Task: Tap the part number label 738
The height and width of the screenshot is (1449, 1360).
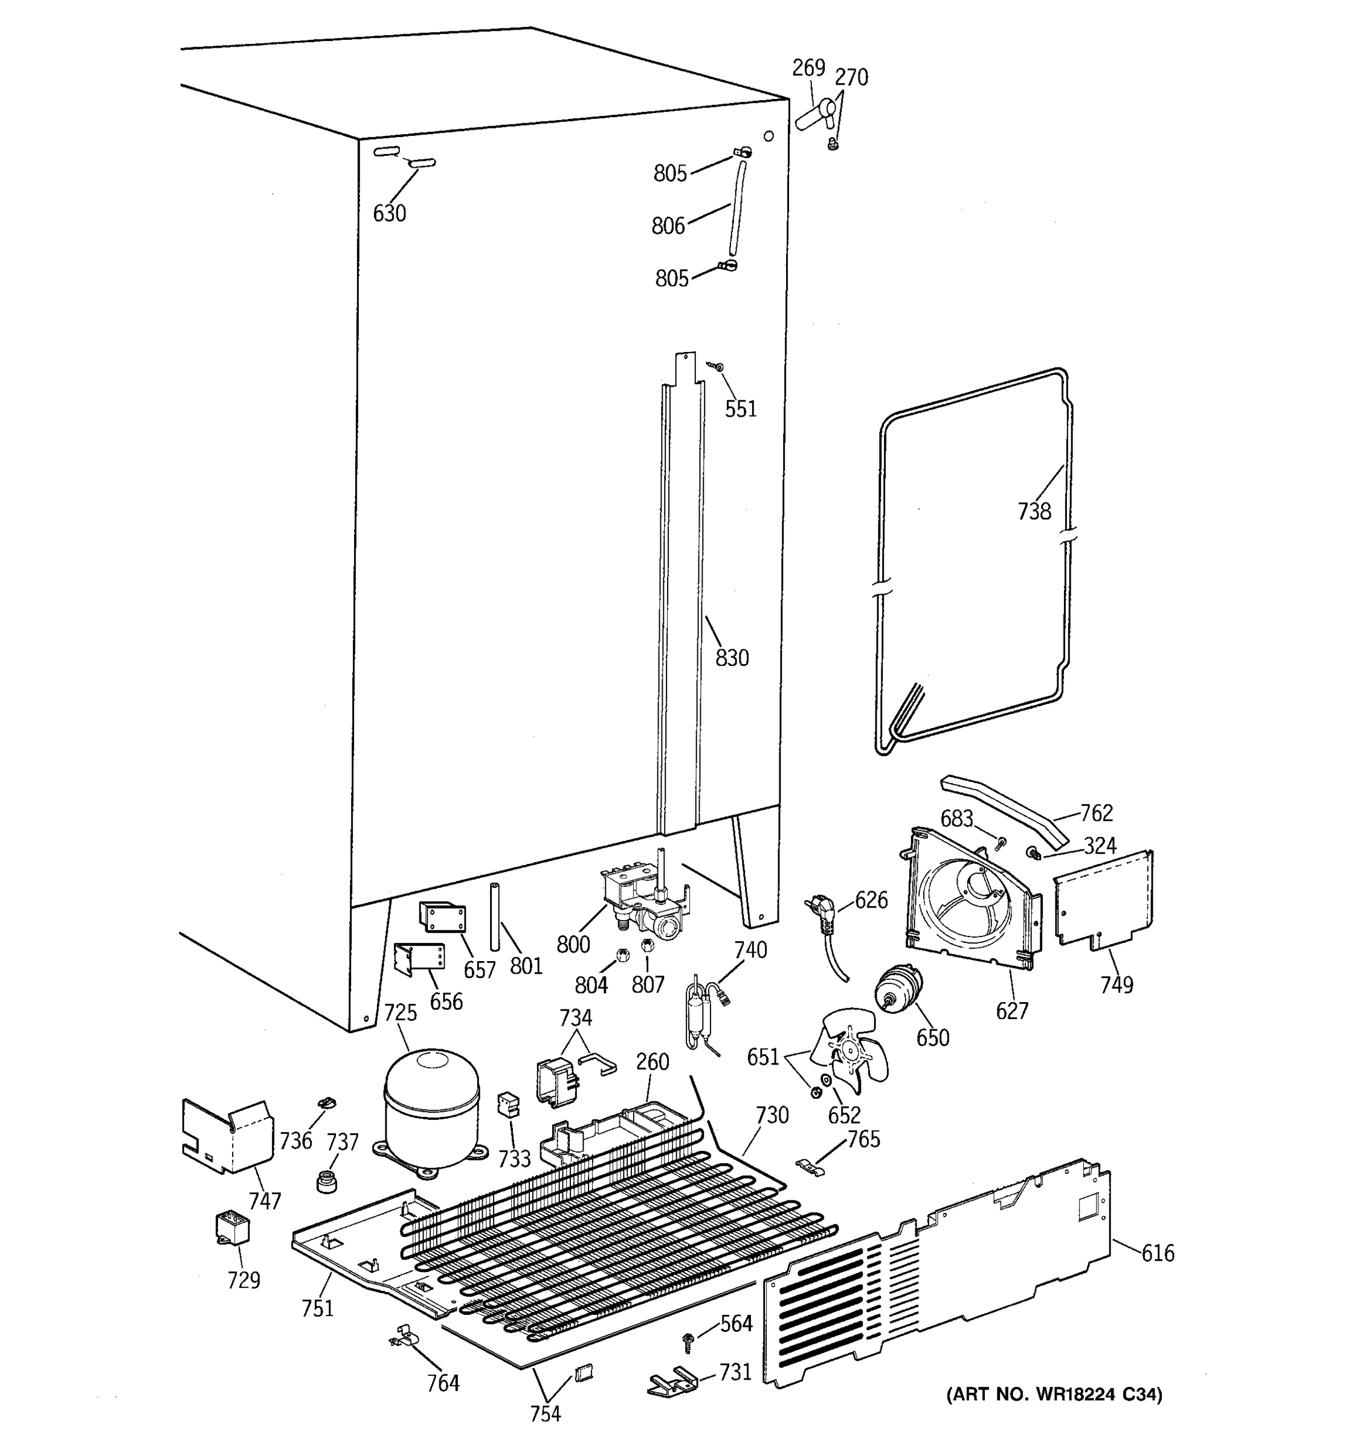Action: pyautogui.click(x=1034, y=511)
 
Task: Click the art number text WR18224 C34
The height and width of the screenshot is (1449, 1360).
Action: pyautogui.click(x=1054, y=1394)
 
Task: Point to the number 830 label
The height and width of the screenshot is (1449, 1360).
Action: pyautogui.click(x=732, y=658)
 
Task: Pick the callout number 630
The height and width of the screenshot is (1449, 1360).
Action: pyautogui.click(x=390, y=214)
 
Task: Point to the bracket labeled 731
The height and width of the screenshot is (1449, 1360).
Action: pyautogui.click(x=670, y=1383)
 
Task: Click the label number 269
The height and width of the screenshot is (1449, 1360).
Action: pyautogui.click(x=808, y=68)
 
